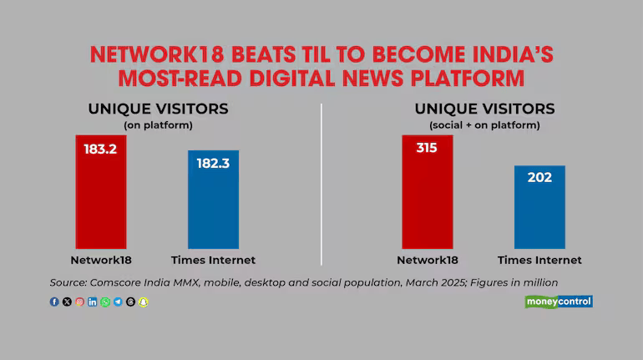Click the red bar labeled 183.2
pyautogui.click(x=100, y=192)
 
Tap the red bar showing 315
pyautogui.click(x=427, y=192)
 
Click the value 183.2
pyautogui.click(x=100, y=149)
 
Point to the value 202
pyautogui.click(x=539, y=177)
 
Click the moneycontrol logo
pyautogui.click(x=558, y=301)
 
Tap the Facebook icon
pyautogui.click(x=54, y=302)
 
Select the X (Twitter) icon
pyautogui.click(x=67, y=302)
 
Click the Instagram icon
pyautogui.click(x=79, y=302)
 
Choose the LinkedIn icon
pyautogui.click(x=92, y=302)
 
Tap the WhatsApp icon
pyautogui.click(x=104, y=302)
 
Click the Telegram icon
pyautogui.click(x=117, y=302)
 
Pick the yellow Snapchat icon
pyautogui.click(x=142, y=302)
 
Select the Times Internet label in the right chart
pyautogui.click(x=539, y=260)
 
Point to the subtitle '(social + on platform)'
pyautogui.click(x=484, y=125)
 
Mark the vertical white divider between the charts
pyautogui.click(x=321, y=184)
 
